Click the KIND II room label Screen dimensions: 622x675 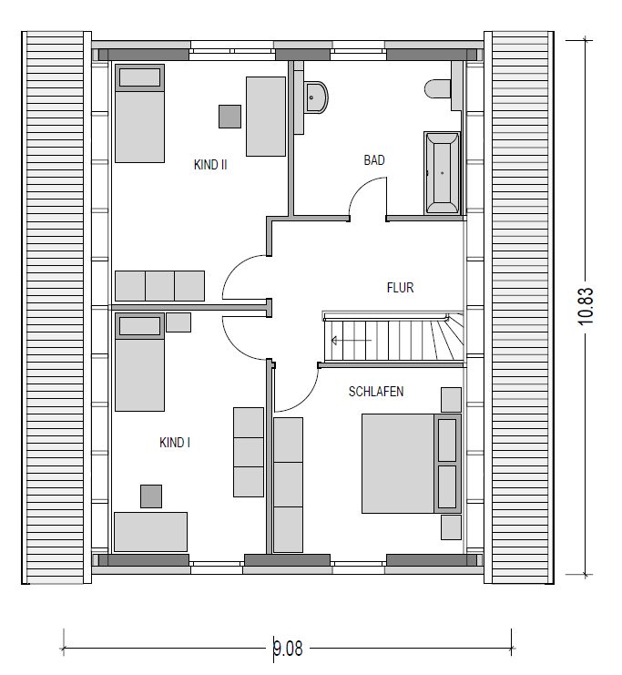click(x=210, y=165)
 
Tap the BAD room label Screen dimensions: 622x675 click(x=374, y=160)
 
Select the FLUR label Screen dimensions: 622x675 click(x=400, y=288)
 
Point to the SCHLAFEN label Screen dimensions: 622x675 click(x=376, y=392)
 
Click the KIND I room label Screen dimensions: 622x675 click(x=174, y=443)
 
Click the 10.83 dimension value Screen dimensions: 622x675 click(x=586, y=306)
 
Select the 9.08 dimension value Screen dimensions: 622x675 click(x=288, y=649)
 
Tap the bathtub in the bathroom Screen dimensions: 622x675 click(x=442, y=173)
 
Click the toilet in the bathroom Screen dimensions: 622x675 click(x=437, y=88)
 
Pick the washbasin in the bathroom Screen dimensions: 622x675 click(x=316, y=97)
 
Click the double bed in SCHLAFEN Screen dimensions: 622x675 click(x=411, y=464)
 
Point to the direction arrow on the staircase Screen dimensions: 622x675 click(x=351, y=341)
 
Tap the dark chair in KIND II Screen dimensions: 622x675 click(x=229, y=117)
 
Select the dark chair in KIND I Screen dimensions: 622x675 click(x=151, y=496)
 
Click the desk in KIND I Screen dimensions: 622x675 click(x=150, y=532)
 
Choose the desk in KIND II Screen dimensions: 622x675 click(x=266, y=117)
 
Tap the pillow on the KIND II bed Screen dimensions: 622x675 click(x=140, y=77)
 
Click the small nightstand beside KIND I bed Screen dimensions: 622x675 click(x=178, y=322)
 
